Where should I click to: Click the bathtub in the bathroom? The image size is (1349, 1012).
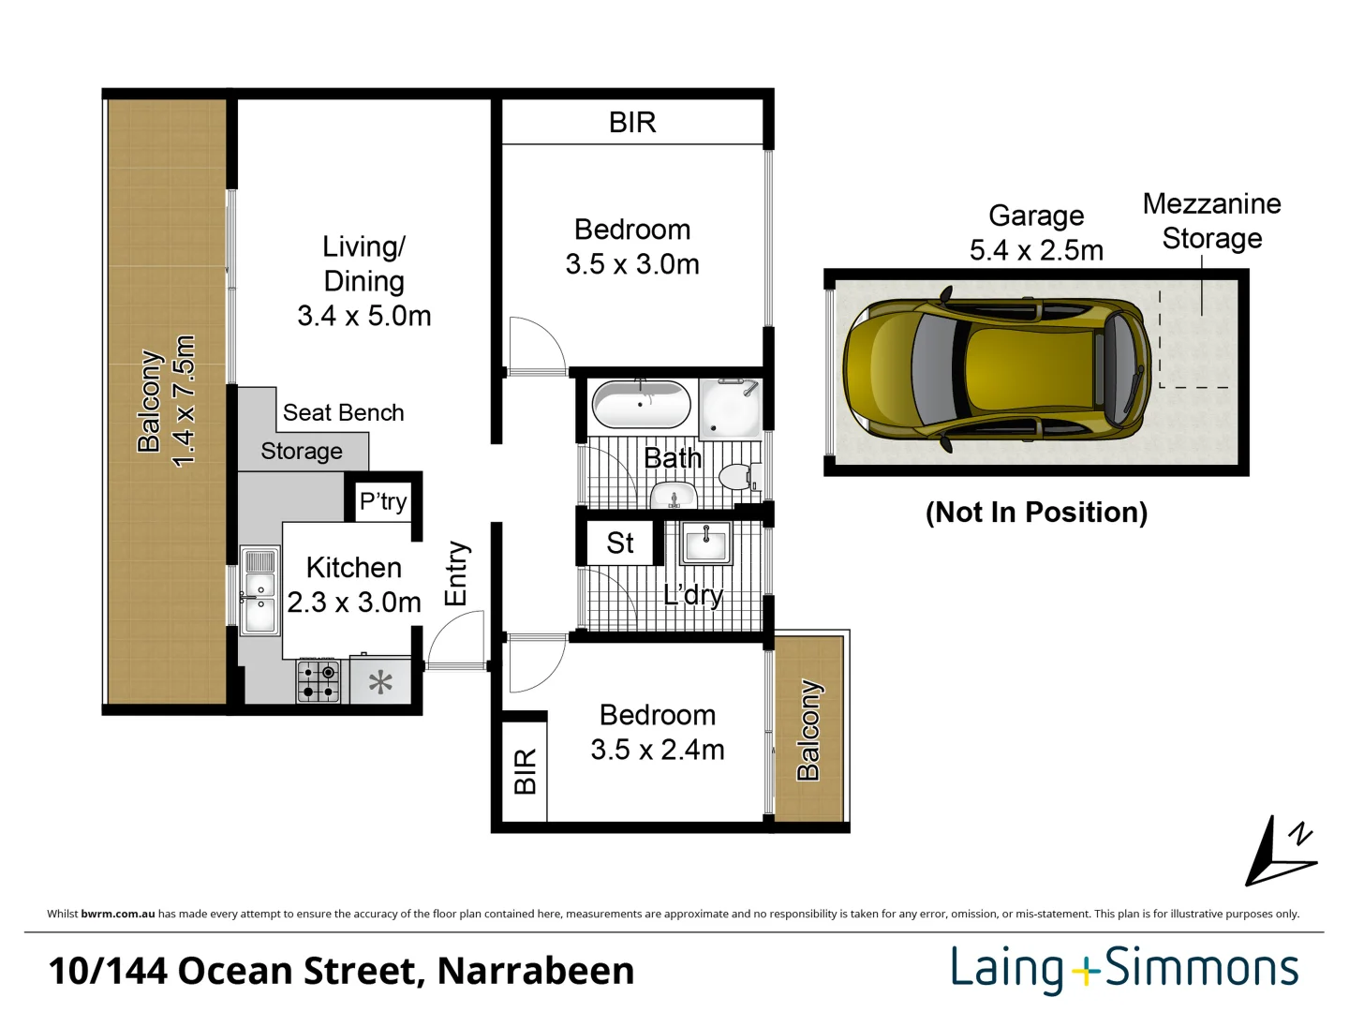coord(641,404)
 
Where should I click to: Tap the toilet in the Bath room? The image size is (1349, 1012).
coord(739,477)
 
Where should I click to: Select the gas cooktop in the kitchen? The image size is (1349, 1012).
coord(319,680)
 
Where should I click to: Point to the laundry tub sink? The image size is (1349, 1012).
coord(705,543)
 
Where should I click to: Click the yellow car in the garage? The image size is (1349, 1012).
coord(997,368)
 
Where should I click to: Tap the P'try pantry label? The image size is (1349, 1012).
coord(383,501)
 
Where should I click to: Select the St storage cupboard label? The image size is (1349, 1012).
coord(619,543)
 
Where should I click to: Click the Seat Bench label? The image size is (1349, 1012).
coord(344,412)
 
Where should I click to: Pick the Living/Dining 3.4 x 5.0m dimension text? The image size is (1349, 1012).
coord(364,316)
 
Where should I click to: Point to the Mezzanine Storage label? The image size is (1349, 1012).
coord(1212,221)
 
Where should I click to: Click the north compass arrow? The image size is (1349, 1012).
coord(1281,853)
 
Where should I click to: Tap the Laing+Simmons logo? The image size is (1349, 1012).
coord(1125,970)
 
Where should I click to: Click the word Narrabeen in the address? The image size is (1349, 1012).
coord(535,972)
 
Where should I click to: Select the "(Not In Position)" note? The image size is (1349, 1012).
coord(1037,512)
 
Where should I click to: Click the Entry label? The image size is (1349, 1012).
coord(456,573)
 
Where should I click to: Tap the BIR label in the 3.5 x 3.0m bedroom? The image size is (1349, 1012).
coord(632,122)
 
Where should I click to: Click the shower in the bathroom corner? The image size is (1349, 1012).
coord(731,409)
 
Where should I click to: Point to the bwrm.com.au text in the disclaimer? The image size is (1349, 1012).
coord(118,914)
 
